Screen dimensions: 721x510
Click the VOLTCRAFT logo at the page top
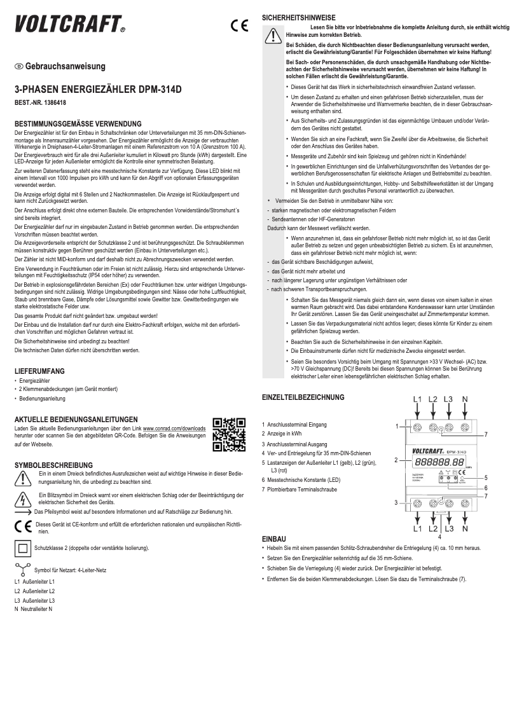click(x=69, y=25)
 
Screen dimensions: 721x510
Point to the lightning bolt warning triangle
click(x=23, y=498)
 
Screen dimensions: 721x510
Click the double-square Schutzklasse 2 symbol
click(x=22, y=547)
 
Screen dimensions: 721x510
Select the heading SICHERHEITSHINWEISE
click(x=298, y=18)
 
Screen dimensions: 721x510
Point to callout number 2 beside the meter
click(x=396, y=459)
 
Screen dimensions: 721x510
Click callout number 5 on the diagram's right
click(x=486, y=477)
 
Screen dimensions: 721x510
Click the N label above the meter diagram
click(x=465, y=399)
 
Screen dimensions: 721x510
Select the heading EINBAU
click(x=273, y=539)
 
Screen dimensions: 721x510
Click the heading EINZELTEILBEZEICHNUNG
click(x=303, y=397)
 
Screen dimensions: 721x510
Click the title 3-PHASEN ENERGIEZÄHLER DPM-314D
click(x=98, y=90)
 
